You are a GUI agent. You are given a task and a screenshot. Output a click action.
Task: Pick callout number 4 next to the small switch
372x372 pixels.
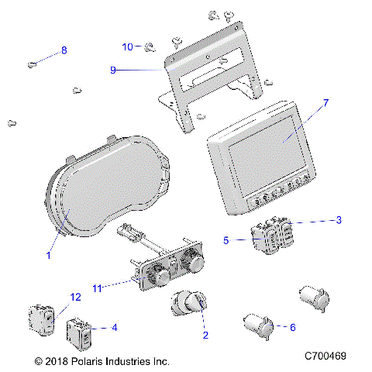[114, 328]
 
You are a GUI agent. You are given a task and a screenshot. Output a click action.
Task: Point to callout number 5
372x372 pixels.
[226, 240]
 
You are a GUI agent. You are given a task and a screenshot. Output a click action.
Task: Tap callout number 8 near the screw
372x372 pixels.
[64, 50]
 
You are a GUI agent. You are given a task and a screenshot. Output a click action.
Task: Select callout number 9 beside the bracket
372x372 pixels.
[113, 70]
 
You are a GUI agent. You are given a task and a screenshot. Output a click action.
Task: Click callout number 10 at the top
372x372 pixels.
[127, 46]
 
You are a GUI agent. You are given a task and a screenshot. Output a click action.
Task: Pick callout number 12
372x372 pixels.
[75, 297]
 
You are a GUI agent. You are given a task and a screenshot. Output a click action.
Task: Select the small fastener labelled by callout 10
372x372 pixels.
[149, 48]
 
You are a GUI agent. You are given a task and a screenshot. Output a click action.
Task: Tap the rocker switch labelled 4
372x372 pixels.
[80, 332]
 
